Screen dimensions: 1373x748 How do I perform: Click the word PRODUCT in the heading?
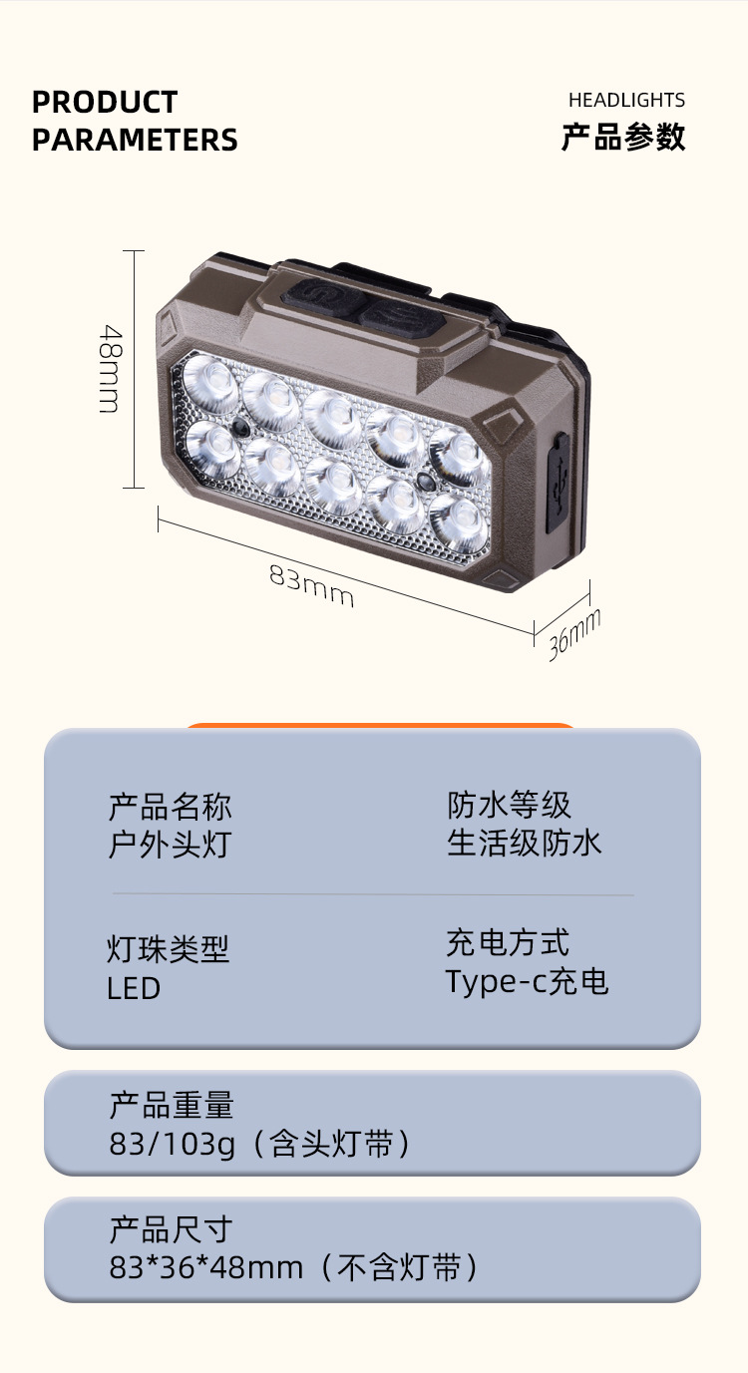[105, 102]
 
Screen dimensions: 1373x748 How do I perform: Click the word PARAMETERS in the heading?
[135, 140]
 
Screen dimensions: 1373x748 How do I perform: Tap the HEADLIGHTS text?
[626, 100]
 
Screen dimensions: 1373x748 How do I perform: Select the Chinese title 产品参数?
[623, 137]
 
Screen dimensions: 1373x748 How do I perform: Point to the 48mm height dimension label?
[109, 368]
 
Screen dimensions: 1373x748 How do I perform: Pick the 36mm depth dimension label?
[574, 634]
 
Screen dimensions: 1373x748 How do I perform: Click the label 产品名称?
[170, 806]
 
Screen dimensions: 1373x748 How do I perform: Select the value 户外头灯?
[170, 845]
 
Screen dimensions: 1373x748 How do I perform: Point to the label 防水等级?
[509, 805]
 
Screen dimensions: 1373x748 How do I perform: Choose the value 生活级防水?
[525, 844]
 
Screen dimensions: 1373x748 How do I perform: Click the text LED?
[134, 988]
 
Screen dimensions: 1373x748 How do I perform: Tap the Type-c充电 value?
[527, 982]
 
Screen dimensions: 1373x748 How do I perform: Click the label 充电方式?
[508, 942]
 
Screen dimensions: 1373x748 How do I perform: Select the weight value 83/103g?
[173, 1144]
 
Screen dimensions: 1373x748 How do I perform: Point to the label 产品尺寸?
[171, 1229]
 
